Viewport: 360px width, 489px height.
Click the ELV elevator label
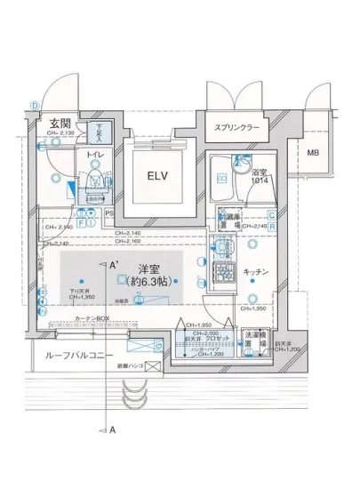point(158,174)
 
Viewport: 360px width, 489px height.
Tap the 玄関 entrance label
point(60,124)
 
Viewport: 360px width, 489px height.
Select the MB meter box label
point(313,153)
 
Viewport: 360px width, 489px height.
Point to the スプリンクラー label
point(236,128)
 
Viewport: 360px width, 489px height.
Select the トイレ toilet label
point(93,155)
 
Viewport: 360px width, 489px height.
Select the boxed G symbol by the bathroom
point(270,214)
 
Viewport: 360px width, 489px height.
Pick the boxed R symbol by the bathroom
point(270,226)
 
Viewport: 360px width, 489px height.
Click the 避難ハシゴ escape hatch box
point(152,366)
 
